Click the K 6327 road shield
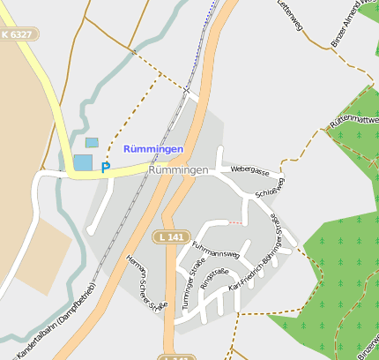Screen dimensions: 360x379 click(x=19, y=34)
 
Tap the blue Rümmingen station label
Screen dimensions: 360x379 click(x=154, y=149)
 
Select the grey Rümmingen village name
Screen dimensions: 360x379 click(x=179, y=169)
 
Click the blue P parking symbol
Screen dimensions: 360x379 click(x=106, y=167)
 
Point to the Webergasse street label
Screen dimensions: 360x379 click(x=249, y=169)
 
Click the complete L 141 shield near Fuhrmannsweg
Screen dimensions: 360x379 click(x=170, y=236)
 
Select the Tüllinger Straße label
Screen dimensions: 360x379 click(x=188, y=283)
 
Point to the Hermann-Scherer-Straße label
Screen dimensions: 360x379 click(x=145, y=282)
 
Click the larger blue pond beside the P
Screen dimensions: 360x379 click(x=82, y=162)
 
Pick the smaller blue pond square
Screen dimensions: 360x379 click(x=92, y=142)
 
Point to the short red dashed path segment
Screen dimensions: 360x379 click(x=233, y=222)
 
